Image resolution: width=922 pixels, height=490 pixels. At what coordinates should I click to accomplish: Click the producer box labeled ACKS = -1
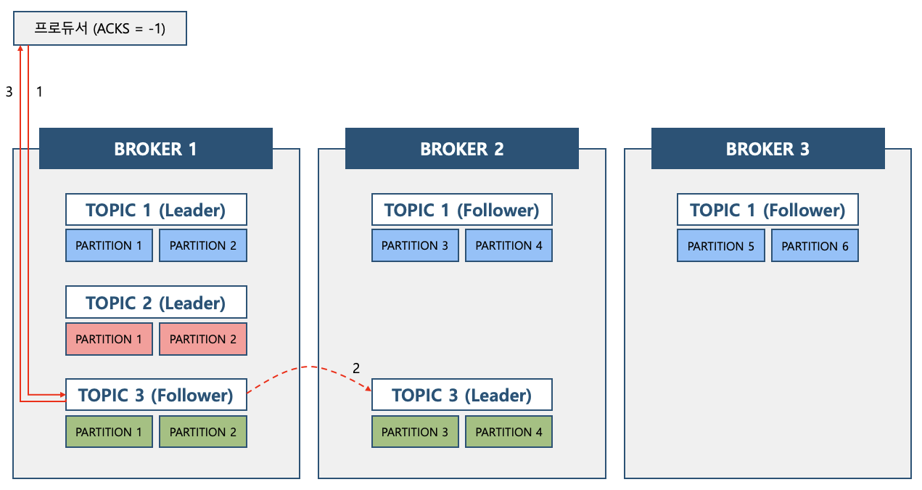[100, 28]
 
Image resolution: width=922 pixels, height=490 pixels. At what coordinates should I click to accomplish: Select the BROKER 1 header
[155, 149]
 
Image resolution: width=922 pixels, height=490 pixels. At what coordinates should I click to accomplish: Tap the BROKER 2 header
[462, 149]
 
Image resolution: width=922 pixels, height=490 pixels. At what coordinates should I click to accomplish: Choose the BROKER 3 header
[768, 149]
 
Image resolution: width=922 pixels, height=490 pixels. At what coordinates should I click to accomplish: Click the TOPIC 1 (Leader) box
[156, 210]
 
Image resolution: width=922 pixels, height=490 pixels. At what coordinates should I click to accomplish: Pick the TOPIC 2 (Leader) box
[156, 302]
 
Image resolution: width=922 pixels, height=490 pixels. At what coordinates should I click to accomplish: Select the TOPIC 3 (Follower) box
[156, 395]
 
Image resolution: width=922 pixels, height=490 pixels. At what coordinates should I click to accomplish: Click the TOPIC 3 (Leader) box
[462, 395]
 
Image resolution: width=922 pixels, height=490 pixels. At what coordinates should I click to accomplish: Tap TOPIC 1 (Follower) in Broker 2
[462, 210]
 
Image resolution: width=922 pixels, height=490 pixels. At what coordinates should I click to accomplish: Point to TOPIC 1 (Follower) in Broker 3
[767, 210]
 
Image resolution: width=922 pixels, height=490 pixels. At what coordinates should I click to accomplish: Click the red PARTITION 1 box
[109, 339]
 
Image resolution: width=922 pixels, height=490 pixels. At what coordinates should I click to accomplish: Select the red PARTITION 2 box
[203, 339]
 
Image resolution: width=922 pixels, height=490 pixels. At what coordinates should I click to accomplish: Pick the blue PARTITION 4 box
[509, 245]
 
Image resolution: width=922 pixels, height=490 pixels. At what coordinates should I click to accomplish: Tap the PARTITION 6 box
[815, 246]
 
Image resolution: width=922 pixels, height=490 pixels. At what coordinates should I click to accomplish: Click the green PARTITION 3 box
[415, 431]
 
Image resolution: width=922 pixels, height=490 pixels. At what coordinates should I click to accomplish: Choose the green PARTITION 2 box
[203, 431]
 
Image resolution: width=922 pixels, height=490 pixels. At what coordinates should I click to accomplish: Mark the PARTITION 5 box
[721, 246]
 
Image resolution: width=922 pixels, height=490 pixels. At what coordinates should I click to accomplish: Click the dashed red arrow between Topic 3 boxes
[310, 367]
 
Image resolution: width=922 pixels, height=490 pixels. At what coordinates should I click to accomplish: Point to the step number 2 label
[356, 368]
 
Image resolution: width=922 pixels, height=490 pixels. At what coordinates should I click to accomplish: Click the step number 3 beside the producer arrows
[9, 91]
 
